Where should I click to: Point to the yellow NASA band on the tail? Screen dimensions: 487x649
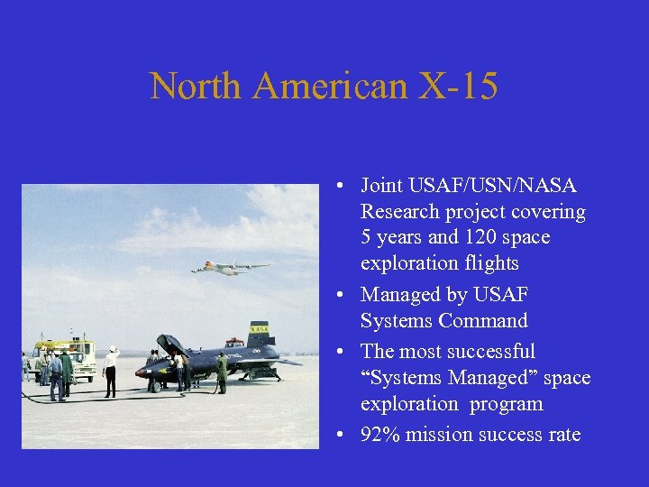(x=260, y=331)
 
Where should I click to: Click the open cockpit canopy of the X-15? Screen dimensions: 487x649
(x=170, y=345)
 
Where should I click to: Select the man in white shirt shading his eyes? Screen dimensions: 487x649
(x=111, y=371)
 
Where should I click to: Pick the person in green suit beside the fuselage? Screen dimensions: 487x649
(x=222, y=372)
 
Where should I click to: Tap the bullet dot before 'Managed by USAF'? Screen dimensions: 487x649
(x=334, y=296)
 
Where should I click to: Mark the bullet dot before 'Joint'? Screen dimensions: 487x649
(x=334, y=187)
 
